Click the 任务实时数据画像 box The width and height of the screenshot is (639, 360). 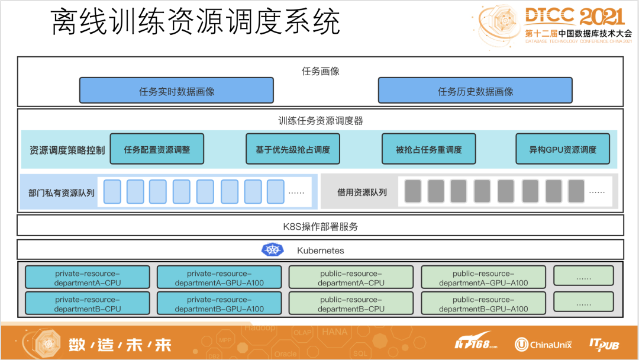(176, 91)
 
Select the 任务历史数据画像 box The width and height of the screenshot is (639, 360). (475, 91)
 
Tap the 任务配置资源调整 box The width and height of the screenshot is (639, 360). (157, 149)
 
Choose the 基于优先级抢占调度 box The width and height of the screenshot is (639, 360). (293, 149)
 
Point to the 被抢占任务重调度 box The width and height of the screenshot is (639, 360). (429, 149)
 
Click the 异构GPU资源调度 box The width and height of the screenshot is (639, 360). (562, 149)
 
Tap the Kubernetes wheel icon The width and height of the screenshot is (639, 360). (273, 250)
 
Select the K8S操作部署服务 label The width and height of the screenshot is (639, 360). (320, 226)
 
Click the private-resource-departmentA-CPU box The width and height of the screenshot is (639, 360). (88, 278)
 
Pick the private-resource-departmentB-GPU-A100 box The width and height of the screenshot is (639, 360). (219, 304)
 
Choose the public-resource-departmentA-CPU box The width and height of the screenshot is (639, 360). (351, 278)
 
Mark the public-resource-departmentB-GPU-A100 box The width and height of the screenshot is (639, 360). (483, 304)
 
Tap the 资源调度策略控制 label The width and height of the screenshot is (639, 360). (67, 150)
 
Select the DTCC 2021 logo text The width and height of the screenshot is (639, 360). (575, 17)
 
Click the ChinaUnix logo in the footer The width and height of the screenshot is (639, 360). (543, 344)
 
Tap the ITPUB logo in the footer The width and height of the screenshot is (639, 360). (603, 344)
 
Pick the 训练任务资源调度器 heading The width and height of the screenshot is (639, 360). (320, 120)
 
